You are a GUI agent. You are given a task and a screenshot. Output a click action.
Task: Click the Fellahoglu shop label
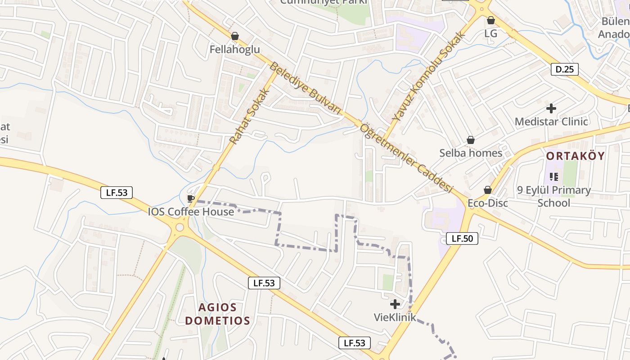[x=234, y=49]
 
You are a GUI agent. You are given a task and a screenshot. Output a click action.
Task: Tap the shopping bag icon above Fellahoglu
[x=234, y=36]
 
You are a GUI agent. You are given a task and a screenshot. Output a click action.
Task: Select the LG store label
[x=490, y=34]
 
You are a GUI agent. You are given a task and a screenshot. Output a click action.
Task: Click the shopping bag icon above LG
[x=490, y=21]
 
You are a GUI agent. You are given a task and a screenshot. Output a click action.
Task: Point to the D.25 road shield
[x=564, y=69]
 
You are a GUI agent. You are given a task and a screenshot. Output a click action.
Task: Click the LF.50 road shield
[x=462, y=238]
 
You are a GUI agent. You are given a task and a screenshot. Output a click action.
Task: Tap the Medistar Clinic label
[x=551, y=121]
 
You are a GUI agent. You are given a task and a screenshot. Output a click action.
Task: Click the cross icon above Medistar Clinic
[x=551, y=108]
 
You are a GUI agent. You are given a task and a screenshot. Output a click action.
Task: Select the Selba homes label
[x=471, y=153]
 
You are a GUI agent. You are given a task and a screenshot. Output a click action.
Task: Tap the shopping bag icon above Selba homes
[x=470, y=140]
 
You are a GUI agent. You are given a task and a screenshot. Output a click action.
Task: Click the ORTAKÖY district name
[x=576, y=156]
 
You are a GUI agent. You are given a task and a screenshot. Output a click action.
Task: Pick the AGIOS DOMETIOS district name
[x=217, y=314]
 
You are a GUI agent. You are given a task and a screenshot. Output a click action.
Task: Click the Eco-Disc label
[x=488, y=203]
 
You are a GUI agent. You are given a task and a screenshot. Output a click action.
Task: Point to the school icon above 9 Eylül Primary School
[x=554, y=177]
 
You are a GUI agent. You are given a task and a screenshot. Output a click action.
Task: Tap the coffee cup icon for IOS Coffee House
[x=190, y=198]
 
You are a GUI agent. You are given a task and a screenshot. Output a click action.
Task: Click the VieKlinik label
[x=395, y=317]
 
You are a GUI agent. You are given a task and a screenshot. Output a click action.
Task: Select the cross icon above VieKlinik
[x=395, y=304]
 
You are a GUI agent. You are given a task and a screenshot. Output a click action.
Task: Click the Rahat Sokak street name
[x=249, y=116]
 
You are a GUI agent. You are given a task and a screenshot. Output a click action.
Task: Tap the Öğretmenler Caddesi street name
[x=406, y=157]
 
